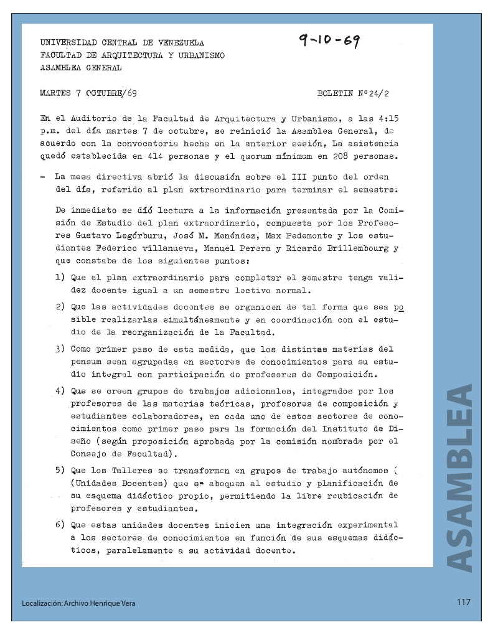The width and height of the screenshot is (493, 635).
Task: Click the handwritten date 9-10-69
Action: click(330, 42)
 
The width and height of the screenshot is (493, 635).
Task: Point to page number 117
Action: click(462, 602)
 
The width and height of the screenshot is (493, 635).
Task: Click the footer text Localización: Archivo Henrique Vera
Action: click(78, 603)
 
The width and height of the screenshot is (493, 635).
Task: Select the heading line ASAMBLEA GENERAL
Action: click(81, 68)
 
